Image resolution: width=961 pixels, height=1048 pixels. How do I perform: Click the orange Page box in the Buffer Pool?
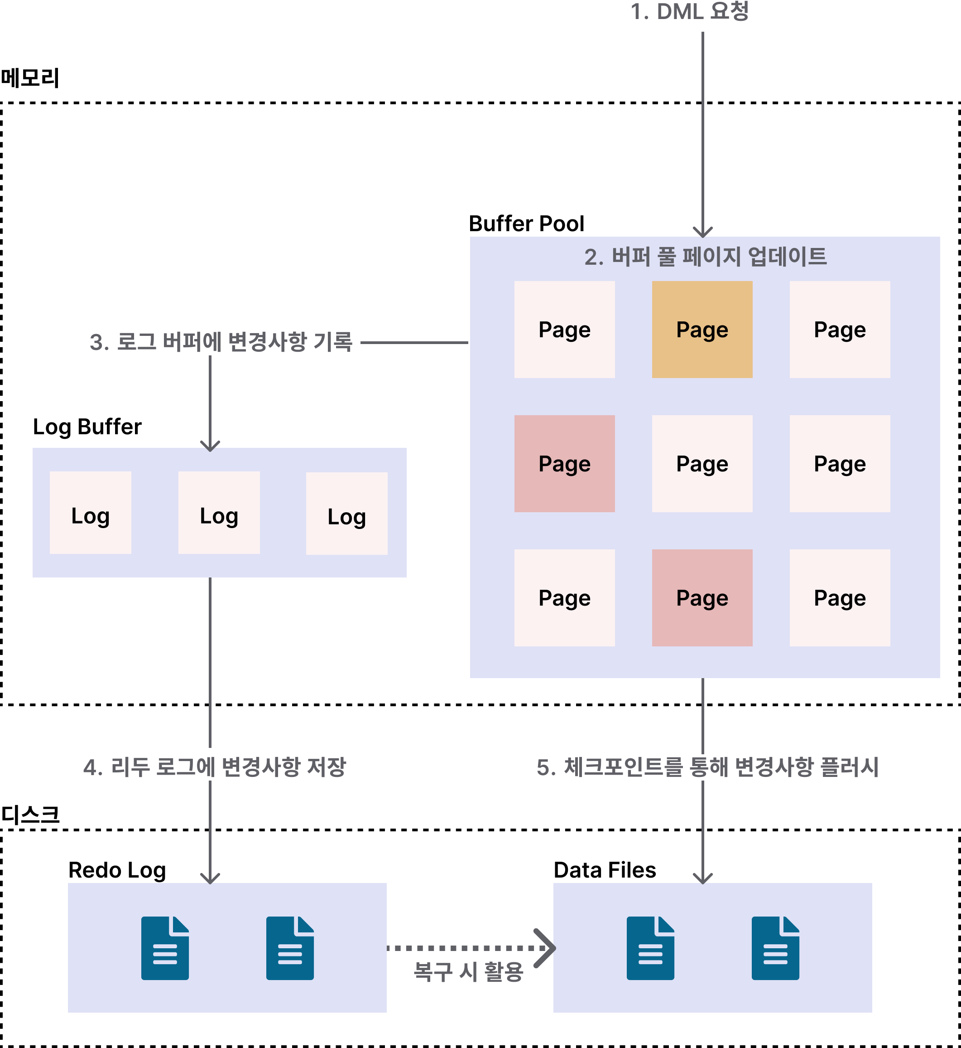tap(702, 330)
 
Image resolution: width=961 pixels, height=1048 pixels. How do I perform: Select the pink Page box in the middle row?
tap(564, 463)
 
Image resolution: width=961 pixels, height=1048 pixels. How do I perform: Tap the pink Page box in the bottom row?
tap(702, 597)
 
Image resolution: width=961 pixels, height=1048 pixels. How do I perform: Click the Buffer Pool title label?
tap(526, 224)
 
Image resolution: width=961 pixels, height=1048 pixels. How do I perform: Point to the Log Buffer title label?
tap(87, 427)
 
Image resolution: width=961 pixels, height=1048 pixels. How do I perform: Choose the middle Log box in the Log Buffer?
tap(219, 513)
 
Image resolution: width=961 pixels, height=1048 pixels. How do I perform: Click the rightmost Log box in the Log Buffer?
tap(346, 514)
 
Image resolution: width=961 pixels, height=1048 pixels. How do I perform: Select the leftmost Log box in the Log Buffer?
tap(91, 513)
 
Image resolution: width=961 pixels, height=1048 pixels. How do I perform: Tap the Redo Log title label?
tap(117, 870)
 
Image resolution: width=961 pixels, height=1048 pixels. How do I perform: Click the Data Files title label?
tap(604, 870)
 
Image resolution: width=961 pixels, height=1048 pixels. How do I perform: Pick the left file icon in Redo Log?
tap(165, 948)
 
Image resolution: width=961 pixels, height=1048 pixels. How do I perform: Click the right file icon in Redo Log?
tap(290, 948)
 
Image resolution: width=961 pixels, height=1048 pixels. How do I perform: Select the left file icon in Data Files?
tap(650, 948)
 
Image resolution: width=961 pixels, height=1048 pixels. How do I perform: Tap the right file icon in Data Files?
tap(775, 948)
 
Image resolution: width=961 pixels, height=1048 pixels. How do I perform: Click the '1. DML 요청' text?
tap(689, 11)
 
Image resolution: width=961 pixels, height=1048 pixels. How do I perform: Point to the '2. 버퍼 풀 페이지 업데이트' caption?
tap(705, 257)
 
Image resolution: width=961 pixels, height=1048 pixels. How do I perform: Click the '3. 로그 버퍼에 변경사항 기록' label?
tap(221, 342)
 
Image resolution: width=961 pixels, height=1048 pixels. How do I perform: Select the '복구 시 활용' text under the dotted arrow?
tap(468, 971)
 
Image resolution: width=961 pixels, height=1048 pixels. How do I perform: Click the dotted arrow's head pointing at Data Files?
tap(546, 948)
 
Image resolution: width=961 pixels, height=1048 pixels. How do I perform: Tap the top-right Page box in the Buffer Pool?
tap(839, 330)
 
